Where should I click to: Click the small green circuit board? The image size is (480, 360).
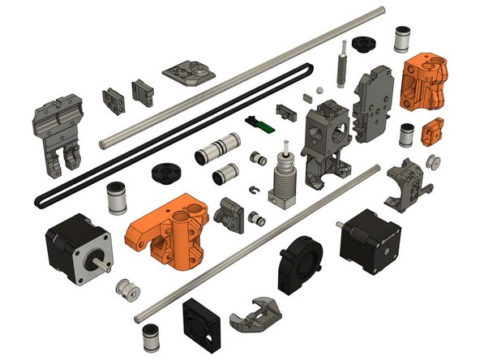[x=261, y=123]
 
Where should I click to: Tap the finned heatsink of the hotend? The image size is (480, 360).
[x=283, y=181]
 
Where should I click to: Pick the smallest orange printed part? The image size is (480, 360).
[x=435, y=129]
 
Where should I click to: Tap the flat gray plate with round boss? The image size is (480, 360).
[x=188, y=71]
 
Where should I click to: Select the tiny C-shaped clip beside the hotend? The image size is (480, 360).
[x=256, y=191]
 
